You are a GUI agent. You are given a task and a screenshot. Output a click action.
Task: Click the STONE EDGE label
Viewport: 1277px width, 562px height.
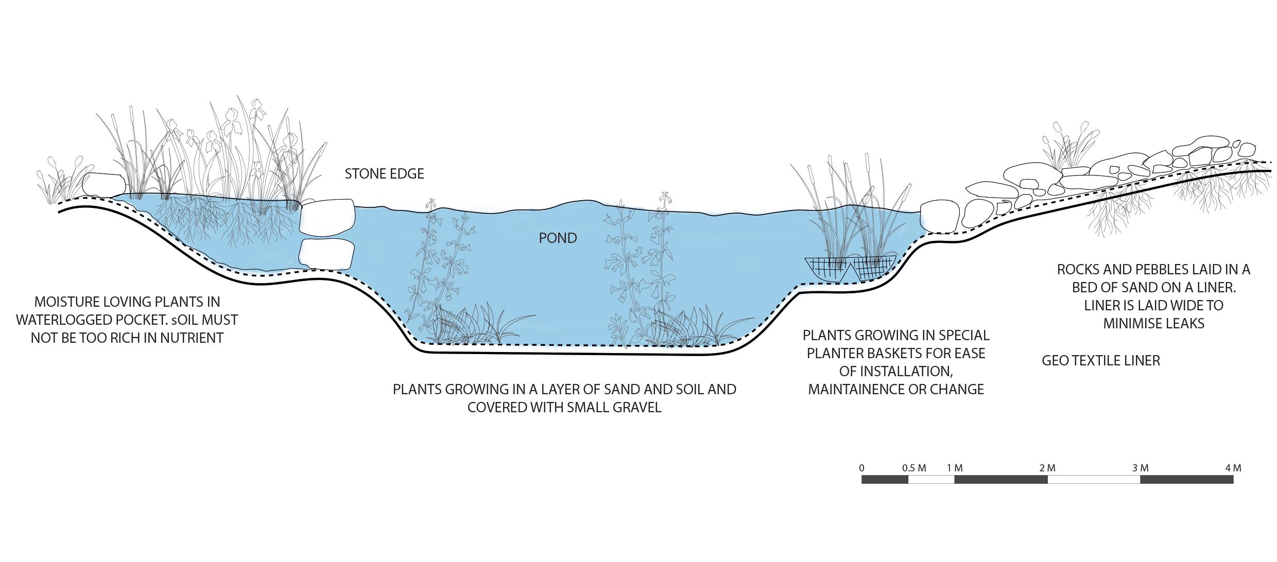(384, 174)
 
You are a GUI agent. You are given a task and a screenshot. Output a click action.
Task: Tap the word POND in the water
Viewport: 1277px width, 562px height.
(558, 238)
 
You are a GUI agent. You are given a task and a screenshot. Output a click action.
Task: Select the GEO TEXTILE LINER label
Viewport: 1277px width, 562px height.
(1101, 361)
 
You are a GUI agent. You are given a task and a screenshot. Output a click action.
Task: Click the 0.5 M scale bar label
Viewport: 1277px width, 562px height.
(914, 468)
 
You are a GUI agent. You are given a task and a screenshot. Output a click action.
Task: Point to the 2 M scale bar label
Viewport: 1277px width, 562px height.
(1047, 468)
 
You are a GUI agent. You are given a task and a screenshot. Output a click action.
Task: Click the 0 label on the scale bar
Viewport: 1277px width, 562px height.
(861, 468)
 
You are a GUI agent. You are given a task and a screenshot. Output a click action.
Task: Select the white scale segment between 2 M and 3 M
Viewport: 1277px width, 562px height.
(1094, 480)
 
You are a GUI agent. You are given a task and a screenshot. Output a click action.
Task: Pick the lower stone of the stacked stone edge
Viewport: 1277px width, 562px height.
(327, 254)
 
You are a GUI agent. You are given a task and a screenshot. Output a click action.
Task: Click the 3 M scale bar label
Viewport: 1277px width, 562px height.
(1140, 468)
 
